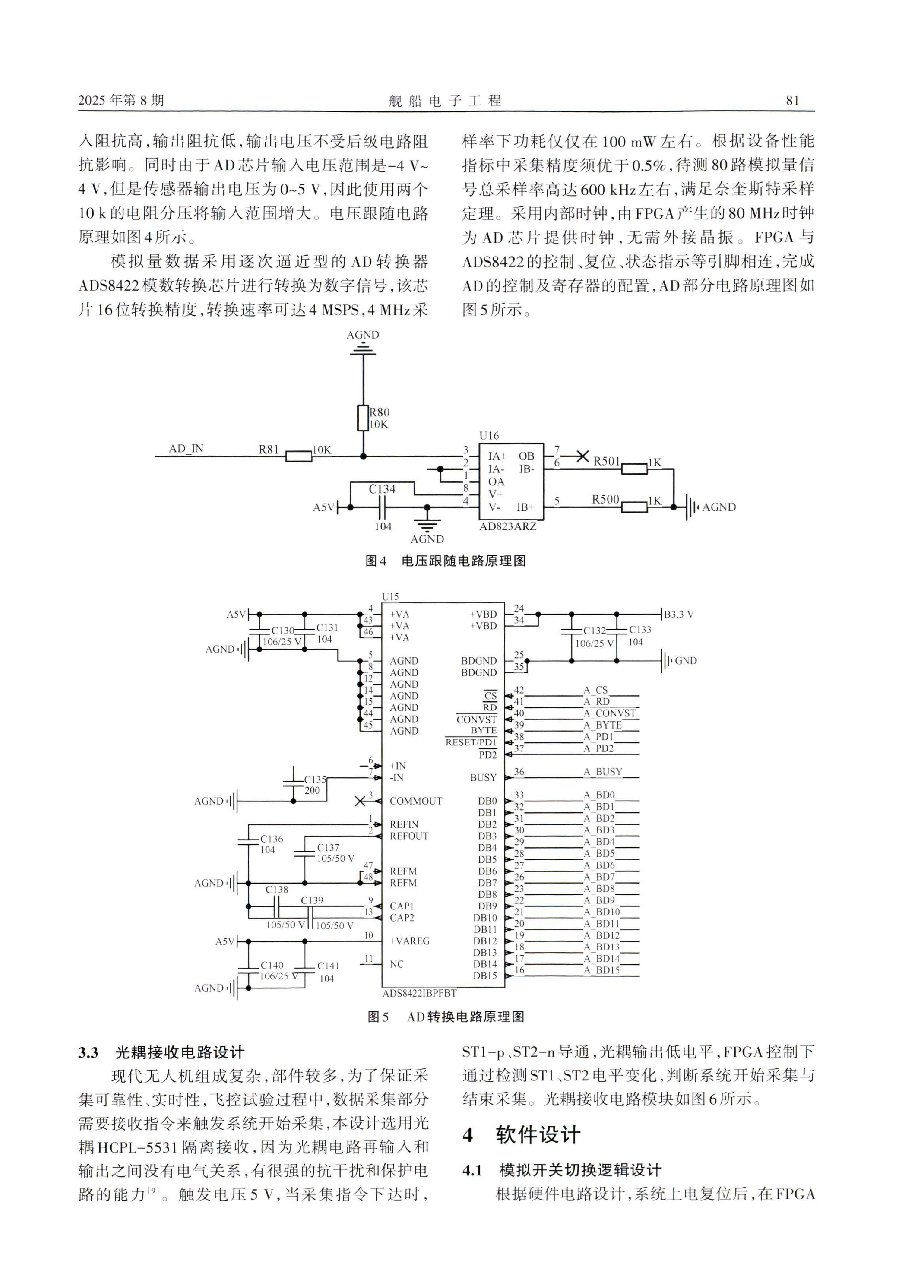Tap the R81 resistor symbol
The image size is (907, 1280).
click(x=299, y=456)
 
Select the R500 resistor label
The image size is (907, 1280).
click(x=605, y=499)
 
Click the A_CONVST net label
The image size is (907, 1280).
click(x=609, y=713)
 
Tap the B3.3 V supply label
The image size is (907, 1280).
click(x=679, y=614)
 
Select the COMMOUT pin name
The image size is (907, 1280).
click(x=416, y=801)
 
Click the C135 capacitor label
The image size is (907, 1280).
click(x=315, y=780)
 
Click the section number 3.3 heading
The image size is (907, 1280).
click(x=88, y=1053)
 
